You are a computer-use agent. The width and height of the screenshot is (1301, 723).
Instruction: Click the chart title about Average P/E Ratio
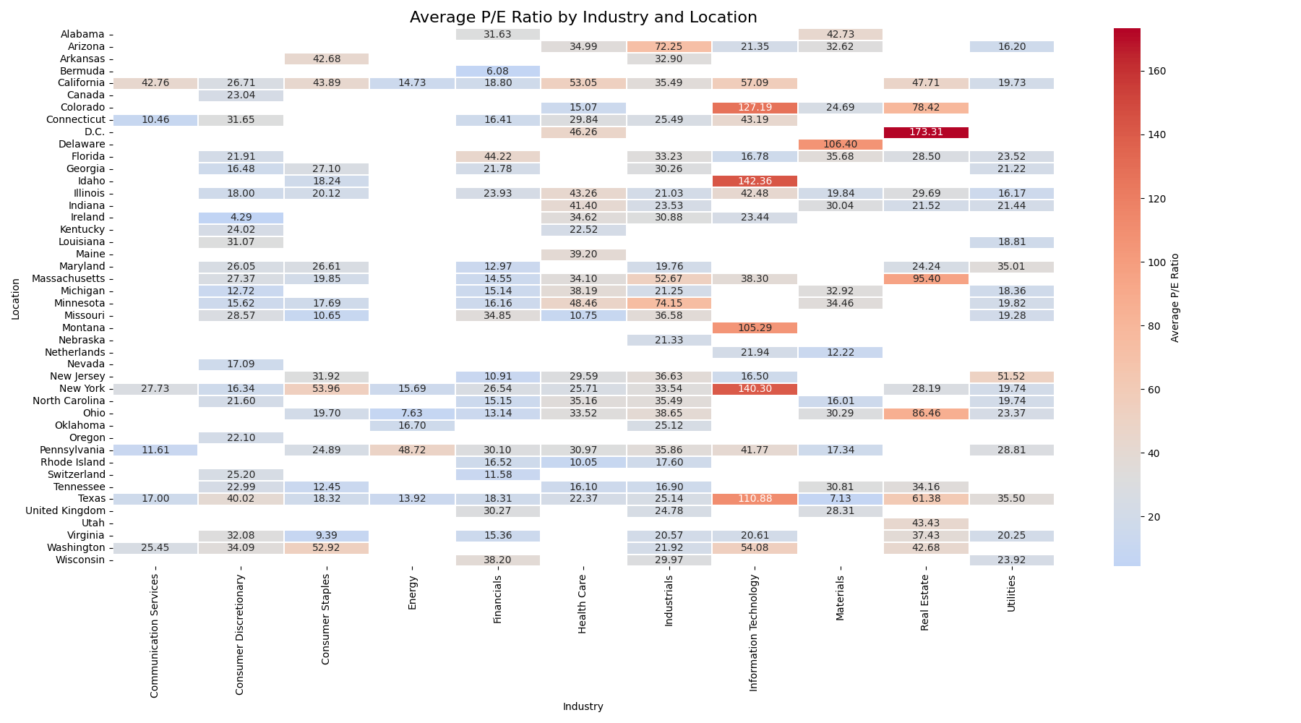[x=583, y=17]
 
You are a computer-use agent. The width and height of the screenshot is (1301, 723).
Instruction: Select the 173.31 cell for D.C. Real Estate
[x=926, y=132]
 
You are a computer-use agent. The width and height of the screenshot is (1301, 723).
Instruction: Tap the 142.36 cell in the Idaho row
[x=755, y=181]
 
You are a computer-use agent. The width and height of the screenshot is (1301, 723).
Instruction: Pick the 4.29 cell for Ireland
[x=241, y=218]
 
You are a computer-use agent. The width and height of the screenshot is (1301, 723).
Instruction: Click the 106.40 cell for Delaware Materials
[x=840, y=145]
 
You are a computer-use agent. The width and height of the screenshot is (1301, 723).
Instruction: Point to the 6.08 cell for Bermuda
[x=497, y=71]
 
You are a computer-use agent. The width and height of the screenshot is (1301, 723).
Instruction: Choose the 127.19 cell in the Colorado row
[x=755, y=108]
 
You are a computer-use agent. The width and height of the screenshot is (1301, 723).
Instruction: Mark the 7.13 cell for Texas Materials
[x=840, y=499]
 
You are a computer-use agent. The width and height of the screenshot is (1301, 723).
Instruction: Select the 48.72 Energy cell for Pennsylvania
[x=412, y=450]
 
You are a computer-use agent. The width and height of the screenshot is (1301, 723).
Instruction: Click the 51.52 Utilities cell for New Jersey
[x=1011, y=377]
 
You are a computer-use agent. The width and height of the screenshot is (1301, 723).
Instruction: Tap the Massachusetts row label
[x=69, y=279]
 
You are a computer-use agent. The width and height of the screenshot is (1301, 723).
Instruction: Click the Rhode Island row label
[x=72, y=462]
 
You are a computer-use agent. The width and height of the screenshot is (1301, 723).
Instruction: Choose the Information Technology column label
[x=755, y=633]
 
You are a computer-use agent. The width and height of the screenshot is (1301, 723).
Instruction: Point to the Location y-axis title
[x=16, y=299]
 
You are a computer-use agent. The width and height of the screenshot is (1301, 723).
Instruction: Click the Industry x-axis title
[x=583, y=707]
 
